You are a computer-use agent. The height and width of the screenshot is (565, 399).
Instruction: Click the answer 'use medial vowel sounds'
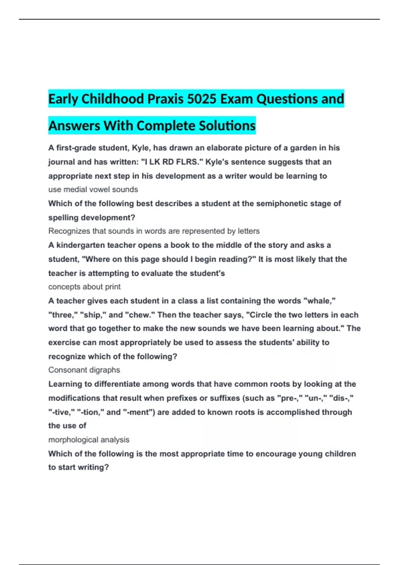[x=93, y=189]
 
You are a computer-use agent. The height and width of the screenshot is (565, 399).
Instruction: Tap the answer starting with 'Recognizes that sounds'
[x=154, y=231]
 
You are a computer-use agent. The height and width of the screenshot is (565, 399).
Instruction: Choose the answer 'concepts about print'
[x=84, y=287]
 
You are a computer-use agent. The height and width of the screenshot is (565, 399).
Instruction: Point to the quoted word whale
[x=319, y=301]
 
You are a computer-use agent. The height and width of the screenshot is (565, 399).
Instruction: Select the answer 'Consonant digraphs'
[x=84, y=370]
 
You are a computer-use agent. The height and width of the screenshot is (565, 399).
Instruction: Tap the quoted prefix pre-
[x=288, y=398]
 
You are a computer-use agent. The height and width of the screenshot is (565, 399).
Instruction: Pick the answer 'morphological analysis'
[x=89, y=440]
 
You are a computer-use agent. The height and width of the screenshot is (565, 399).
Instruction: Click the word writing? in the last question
[x=93, y=467]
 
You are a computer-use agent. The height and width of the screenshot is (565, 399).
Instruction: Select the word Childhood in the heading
[x=113, y=99]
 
